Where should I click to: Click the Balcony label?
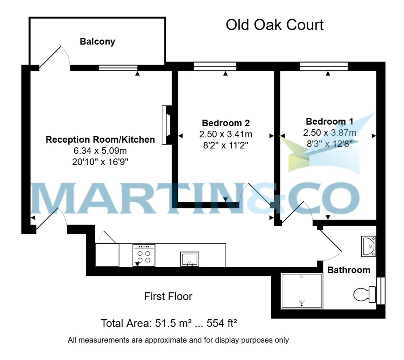tap(97, 41)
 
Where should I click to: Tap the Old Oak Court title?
tap(274, 25)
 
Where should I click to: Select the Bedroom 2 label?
tap(226, 123)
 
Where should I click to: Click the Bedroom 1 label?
tap(329, 121)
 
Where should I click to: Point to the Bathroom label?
tap(348, 270)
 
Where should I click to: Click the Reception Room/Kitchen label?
tap(100, 140)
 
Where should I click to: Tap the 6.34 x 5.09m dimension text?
tap(100, 151)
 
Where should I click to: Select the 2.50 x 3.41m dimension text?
tap(226, 134)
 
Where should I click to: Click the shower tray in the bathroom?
tap(302, 291)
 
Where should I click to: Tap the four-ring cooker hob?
tap(144, 255)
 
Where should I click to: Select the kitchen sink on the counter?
tap(190, 259)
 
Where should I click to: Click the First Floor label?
tap(168, 296)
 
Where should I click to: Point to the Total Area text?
tap(169, 323)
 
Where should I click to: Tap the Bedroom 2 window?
tap(215, 67)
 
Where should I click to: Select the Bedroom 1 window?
tap(324, 67)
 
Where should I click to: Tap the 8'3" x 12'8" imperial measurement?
tap(329, 144)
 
